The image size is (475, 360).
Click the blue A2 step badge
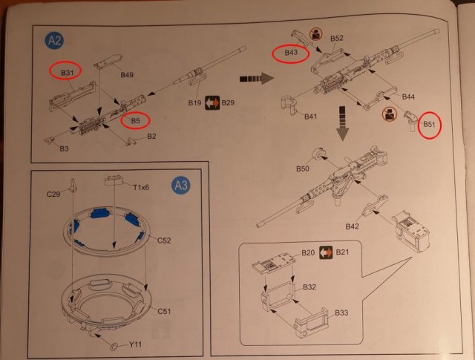coord(53,42)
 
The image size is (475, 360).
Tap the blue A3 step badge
coord(180,185)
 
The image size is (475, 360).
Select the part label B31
coord(68,72)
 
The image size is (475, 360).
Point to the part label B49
coord(126,75)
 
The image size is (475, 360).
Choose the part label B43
coord(292,53)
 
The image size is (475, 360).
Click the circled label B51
coord(429,124)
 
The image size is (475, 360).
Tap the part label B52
coord(336,39)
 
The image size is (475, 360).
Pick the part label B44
coord(408,97)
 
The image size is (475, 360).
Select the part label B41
coord(311,117)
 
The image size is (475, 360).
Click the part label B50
coord(302,169)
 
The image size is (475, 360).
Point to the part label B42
coord(353,226)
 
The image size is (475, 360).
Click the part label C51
coord(164,311)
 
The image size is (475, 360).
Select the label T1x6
coord(140,187)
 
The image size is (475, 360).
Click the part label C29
coord(53,195)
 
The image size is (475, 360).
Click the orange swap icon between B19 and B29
coord(211,102)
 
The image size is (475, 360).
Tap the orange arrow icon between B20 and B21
coord(324,253)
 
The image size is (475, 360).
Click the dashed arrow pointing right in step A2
coord(252,77)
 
